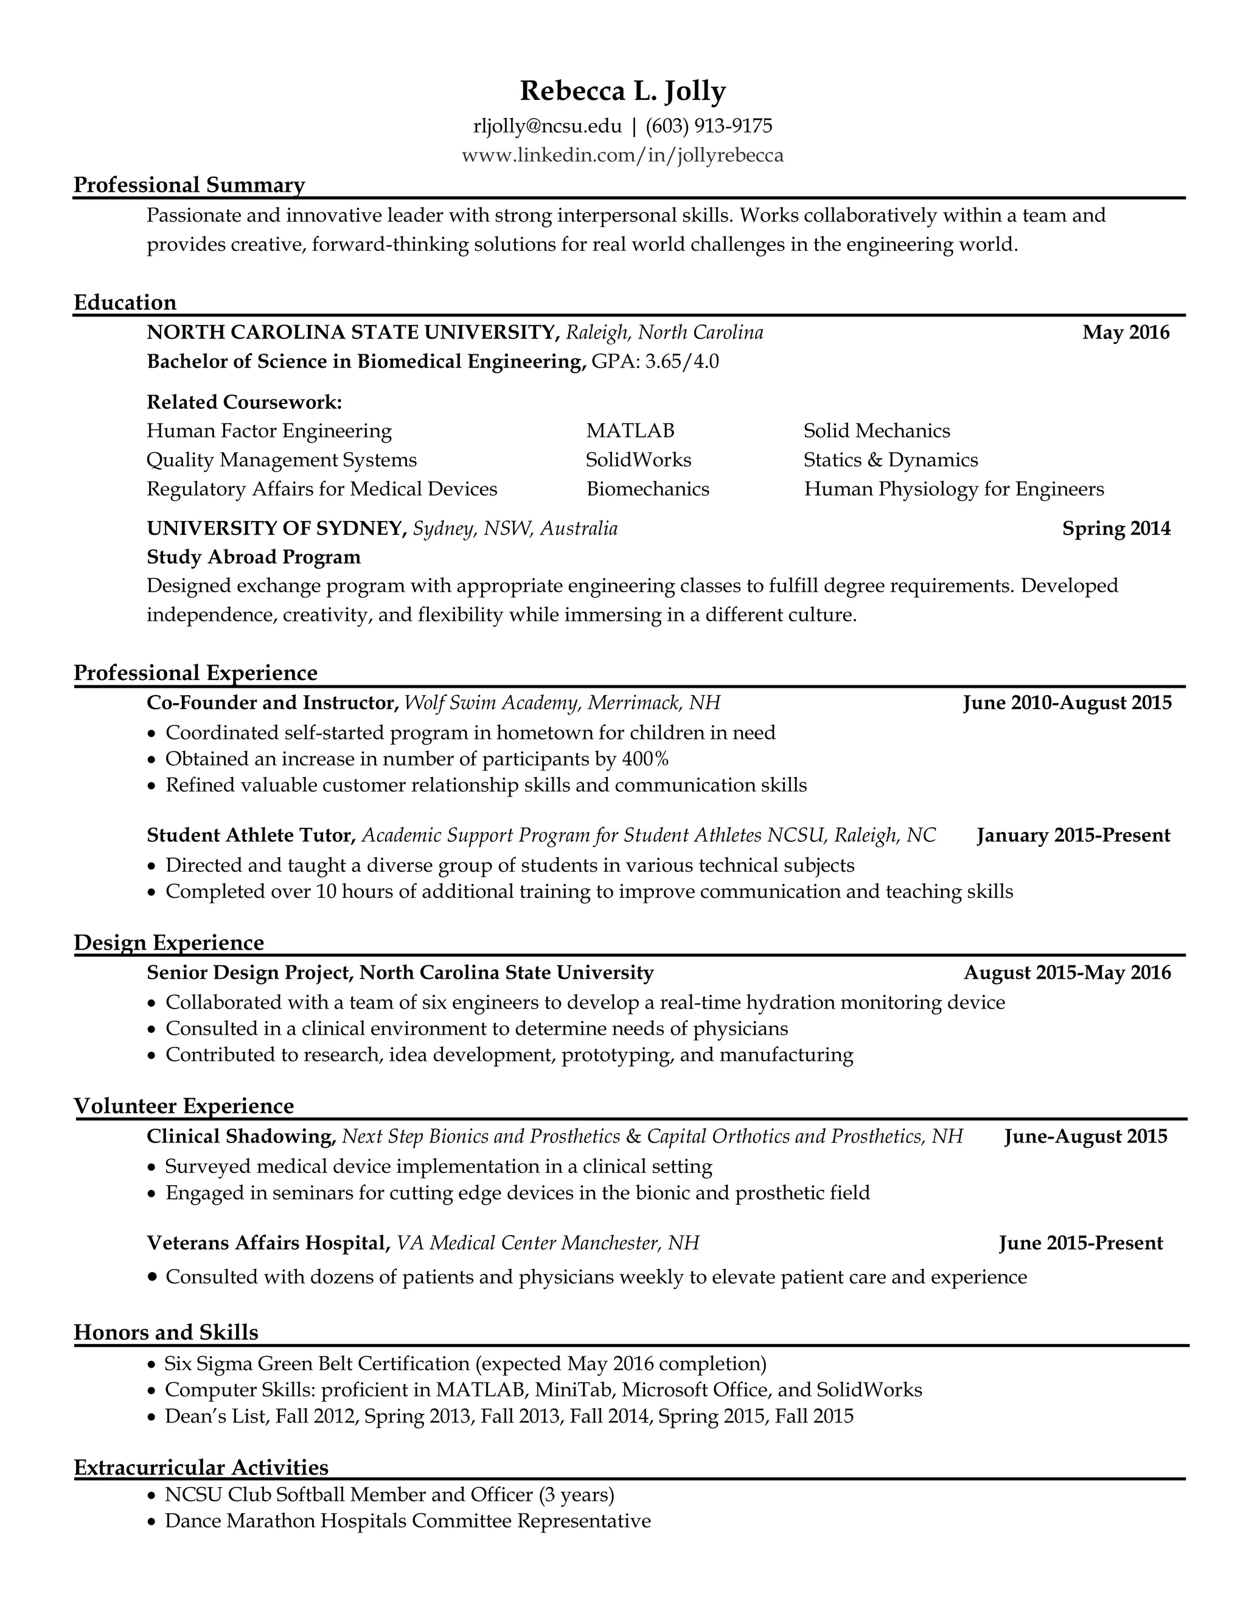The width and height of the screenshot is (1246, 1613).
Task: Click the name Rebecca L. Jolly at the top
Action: coord(622,91)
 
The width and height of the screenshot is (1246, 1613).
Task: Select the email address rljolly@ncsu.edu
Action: coord(547,126)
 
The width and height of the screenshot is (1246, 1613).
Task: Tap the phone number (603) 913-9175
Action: coord(709,126)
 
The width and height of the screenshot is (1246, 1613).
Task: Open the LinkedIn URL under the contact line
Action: coord(622,155)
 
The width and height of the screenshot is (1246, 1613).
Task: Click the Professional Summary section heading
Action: coord(189,184)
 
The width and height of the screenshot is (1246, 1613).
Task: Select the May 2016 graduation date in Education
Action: coord(1126,332)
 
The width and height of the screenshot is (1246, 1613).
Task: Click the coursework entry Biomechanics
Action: coord(647,489)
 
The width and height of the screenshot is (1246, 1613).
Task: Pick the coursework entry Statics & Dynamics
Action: coord(890,460)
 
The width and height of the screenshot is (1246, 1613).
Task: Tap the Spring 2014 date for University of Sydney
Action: coord(1116,528)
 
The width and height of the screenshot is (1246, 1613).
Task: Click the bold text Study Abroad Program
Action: coord(253,557)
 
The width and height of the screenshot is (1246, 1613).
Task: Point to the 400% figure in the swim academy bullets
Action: coord(645,758)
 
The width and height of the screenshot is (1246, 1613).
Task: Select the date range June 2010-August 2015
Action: coord(1067,702)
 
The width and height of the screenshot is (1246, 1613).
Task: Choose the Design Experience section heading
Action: coord(169,942)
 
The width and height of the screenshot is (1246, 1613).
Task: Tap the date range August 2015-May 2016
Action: coord(1067,973)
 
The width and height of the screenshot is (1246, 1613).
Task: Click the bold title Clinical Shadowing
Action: coord(242,1136)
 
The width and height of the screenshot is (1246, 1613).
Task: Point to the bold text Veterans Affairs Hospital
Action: coord(268,1243)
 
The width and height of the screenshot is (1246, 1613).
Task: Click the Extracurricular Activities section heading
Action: coord(201,1467)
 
